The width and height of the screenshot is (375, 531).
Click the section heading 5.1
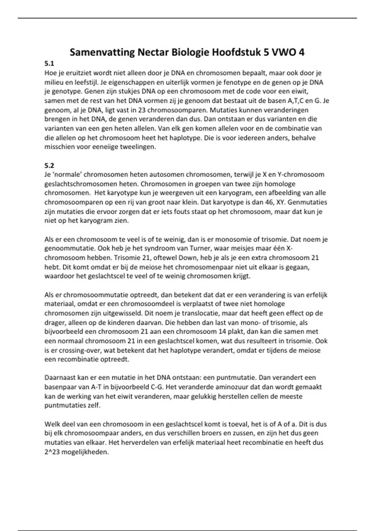pyautogui.click(x=49, y=64)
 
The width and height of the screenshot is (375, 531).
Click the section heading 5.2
pyautogui.click(x=49, y=166)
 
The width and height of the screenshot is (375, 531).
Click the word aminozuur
pyautogui.click(x=231, y=387)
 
